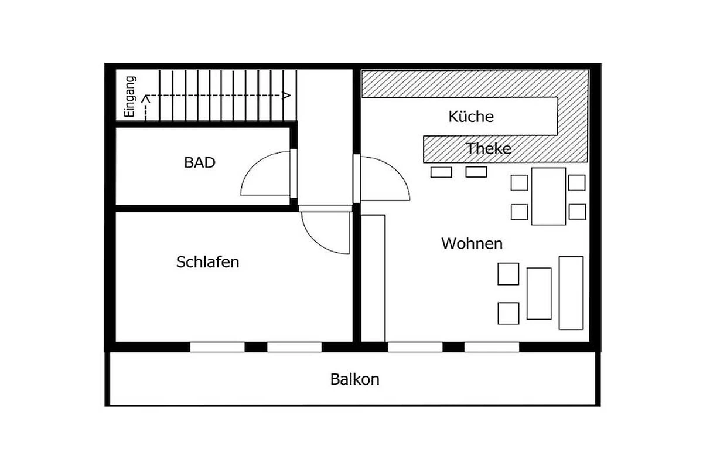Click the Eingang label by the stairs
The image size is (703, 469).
pos(130,97)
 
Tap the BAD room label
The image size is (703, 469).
pos(200,163)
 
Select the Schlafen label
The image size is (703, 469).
pos(207,262)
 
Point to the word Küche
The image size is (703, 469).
pos(471,117)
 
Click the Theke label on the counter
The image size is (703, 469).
pos(489,148)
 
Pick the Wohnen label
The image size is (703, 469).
pos(472,243)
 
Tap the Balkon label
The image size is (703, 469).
pos(354,379)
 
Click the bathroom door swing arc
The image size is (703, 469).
pos(251,164)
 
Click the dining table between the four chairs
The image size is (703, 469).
pos(548,196)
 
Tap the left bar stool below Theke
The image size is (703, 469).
pos(441,172)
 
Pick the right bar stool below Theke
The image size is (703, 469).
pos(476,172)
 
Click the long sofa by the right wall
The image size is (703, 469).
pos(571,293)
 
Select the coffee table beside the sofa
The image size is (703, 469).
pos(539,293)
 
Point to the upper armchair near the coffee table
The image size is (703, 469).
pos(508,274)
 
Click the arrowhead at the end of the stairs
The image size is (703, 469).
pos(286,95)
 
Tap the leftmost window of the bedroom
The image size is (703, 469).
pos(217,347)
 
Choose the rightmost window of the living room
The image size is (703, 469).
pos(492,347)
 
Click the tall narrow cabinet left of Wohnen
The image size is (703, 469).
pos(373,278)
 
